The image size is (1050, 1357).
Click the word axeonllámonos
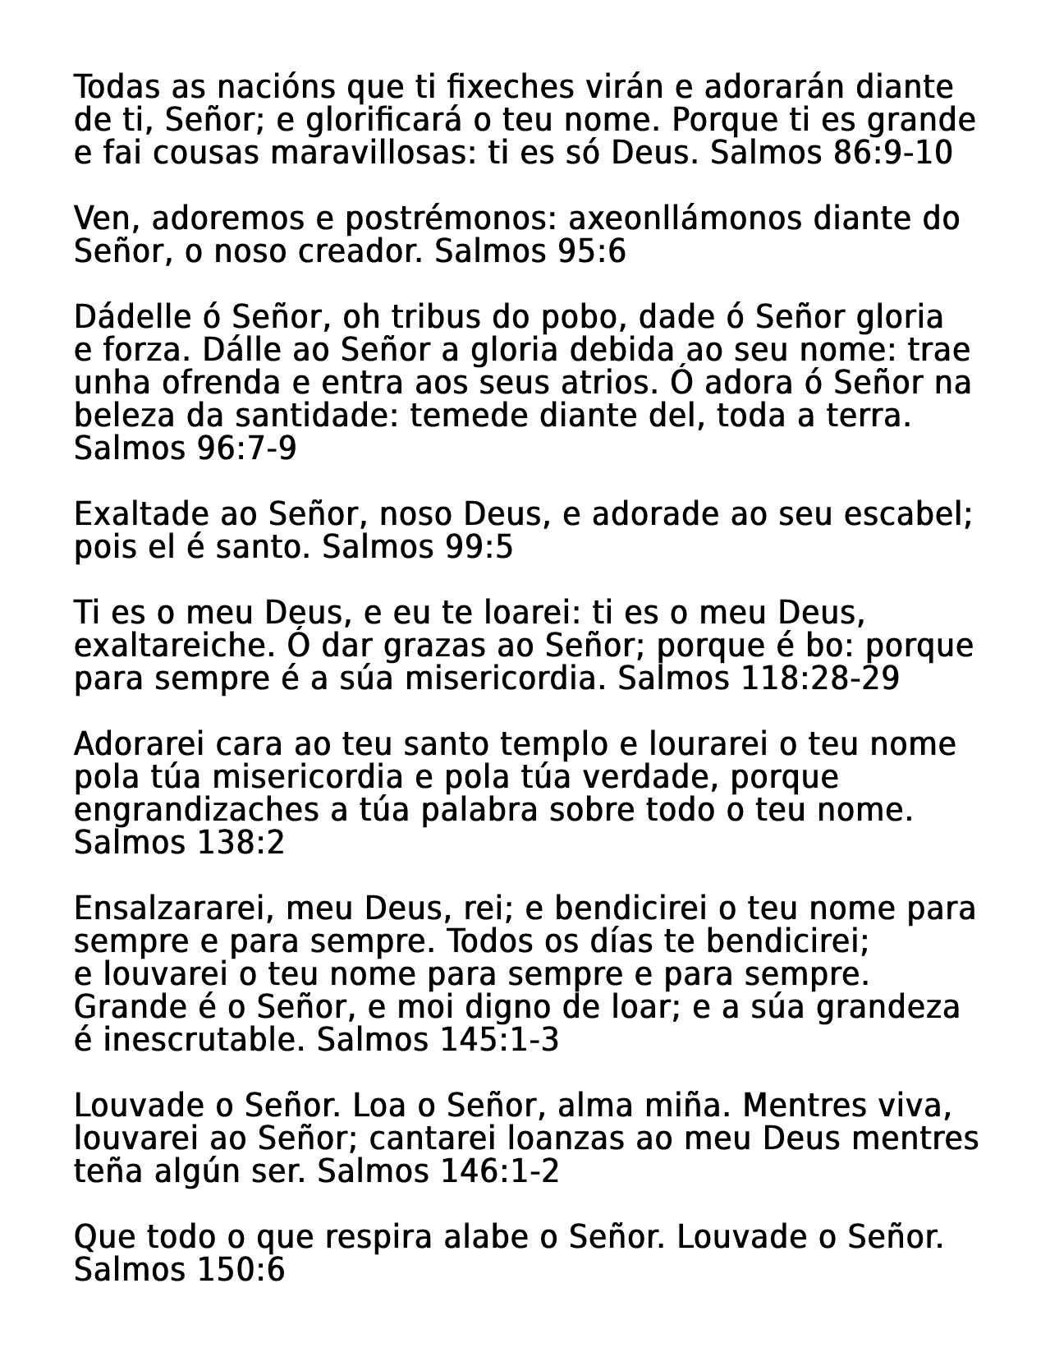(x=685, y=219)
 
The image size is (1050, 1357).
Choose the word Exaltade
(x=141, y=515)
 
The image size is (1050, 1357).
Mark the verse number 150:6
(x=241, y=1271)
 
